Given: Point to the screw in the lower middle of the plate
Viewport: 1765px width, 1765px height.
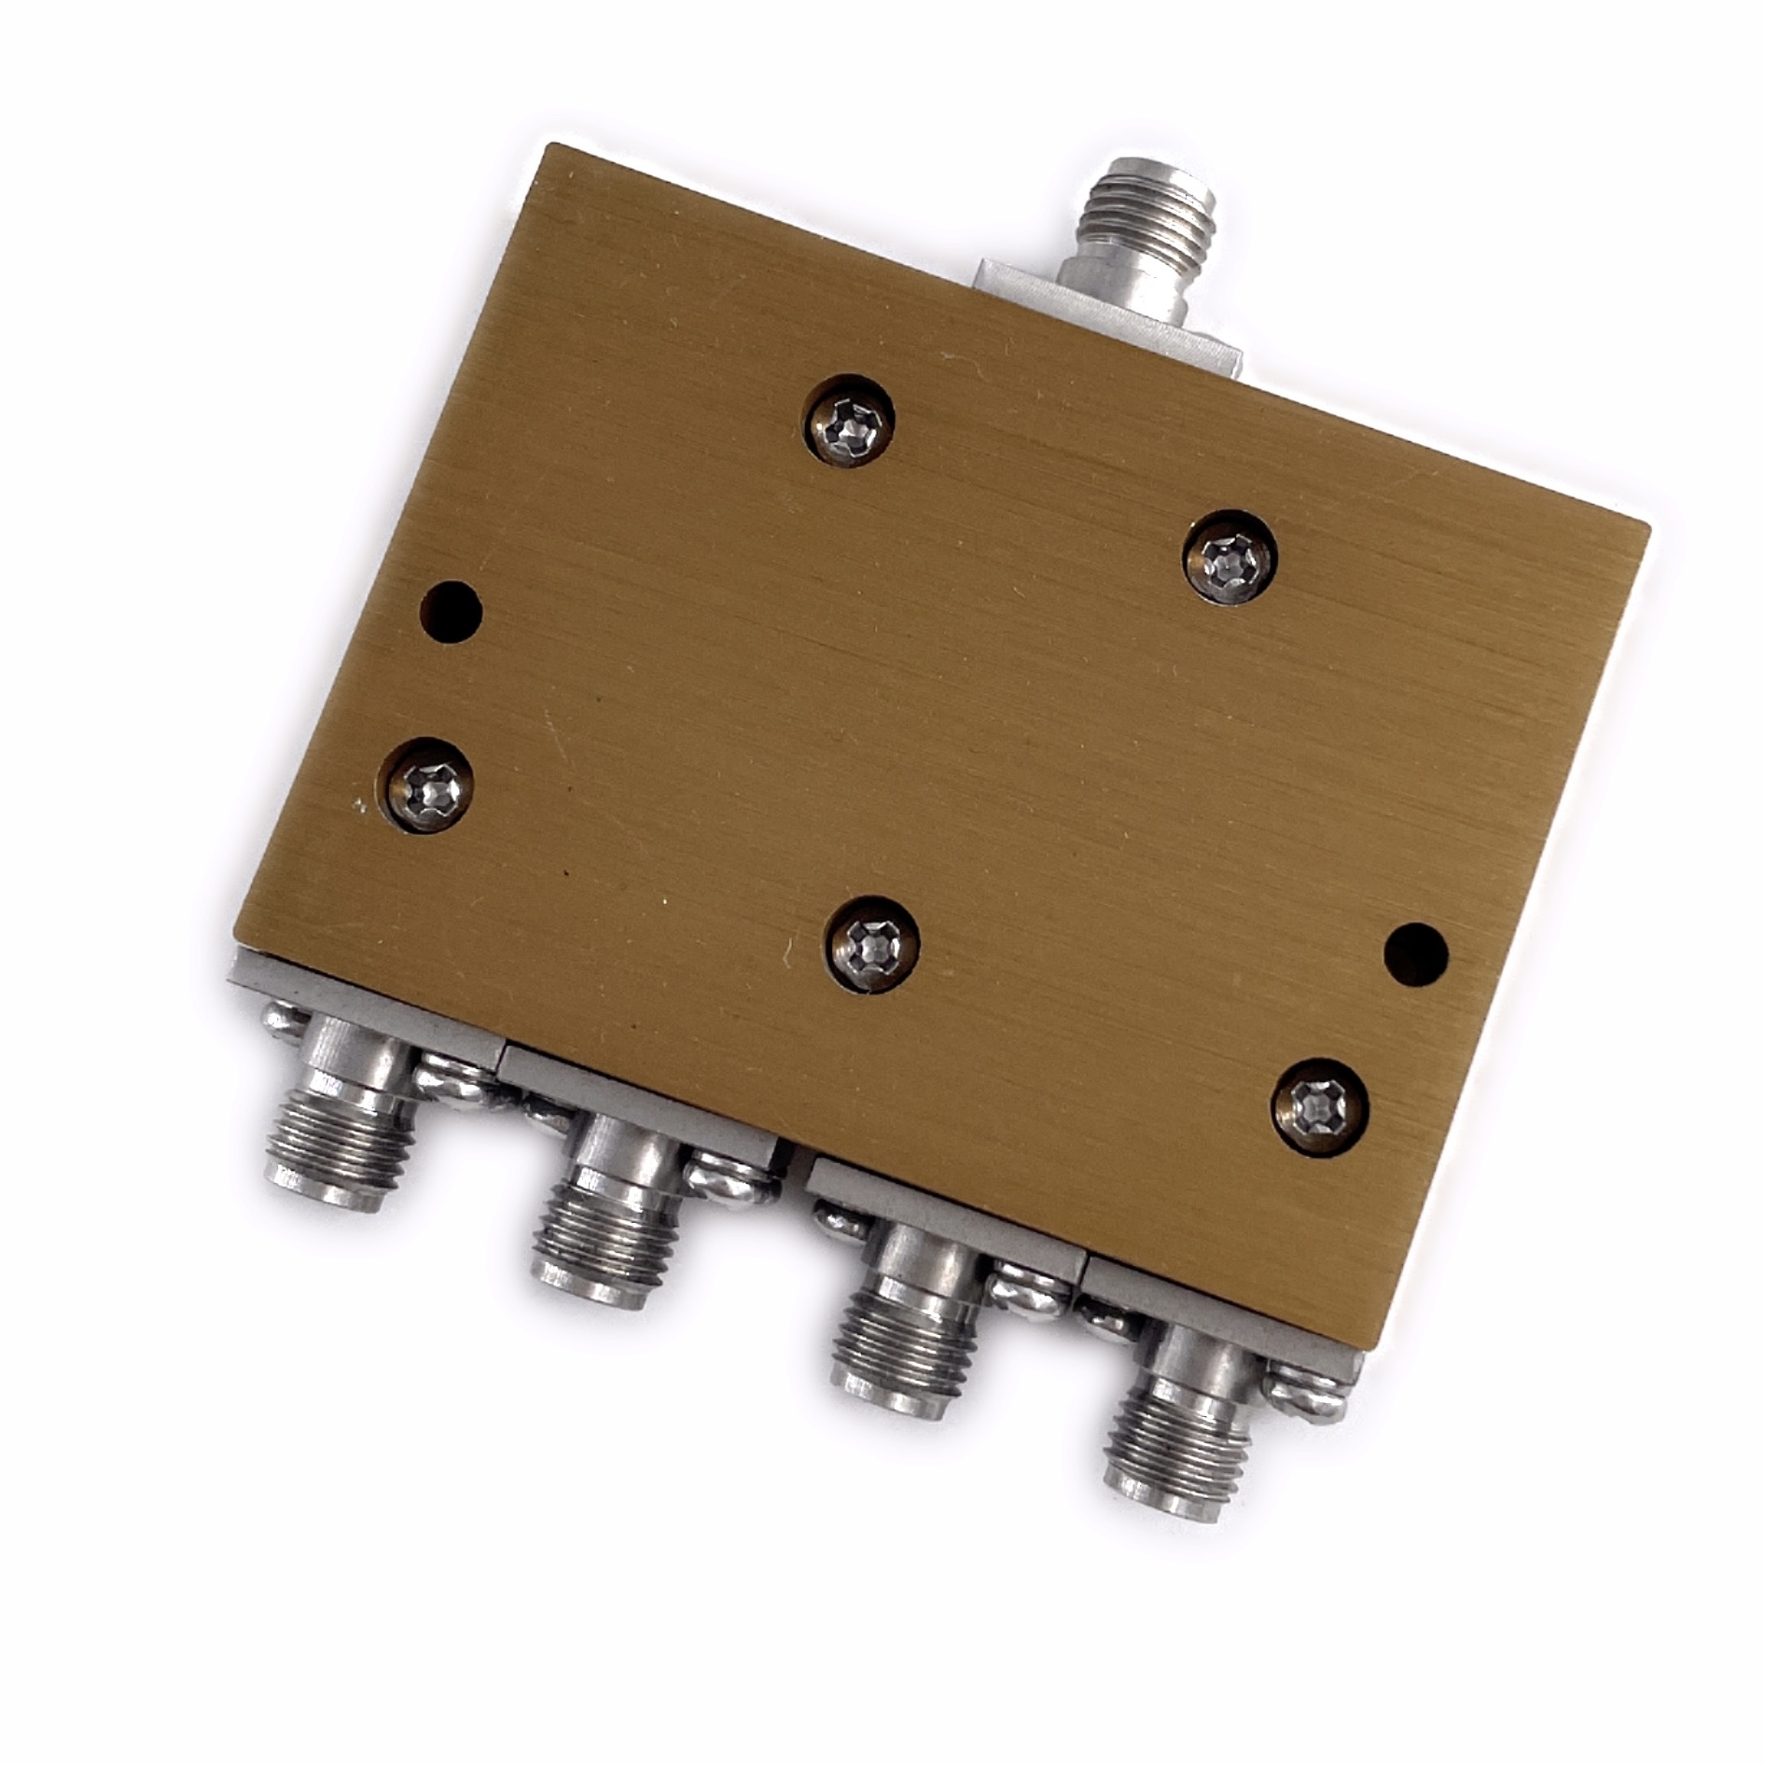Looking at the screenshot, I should point(874,945).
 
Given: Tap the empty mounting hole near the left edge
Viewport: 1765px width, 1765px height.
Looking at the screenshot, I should point(452,612).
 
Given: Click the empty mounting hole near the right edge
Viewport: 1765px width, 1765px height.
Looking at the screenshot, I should point(1415,954).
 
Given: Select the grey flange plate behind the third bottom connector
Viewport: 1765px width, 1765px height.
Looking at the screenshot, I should point(942,1222).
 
